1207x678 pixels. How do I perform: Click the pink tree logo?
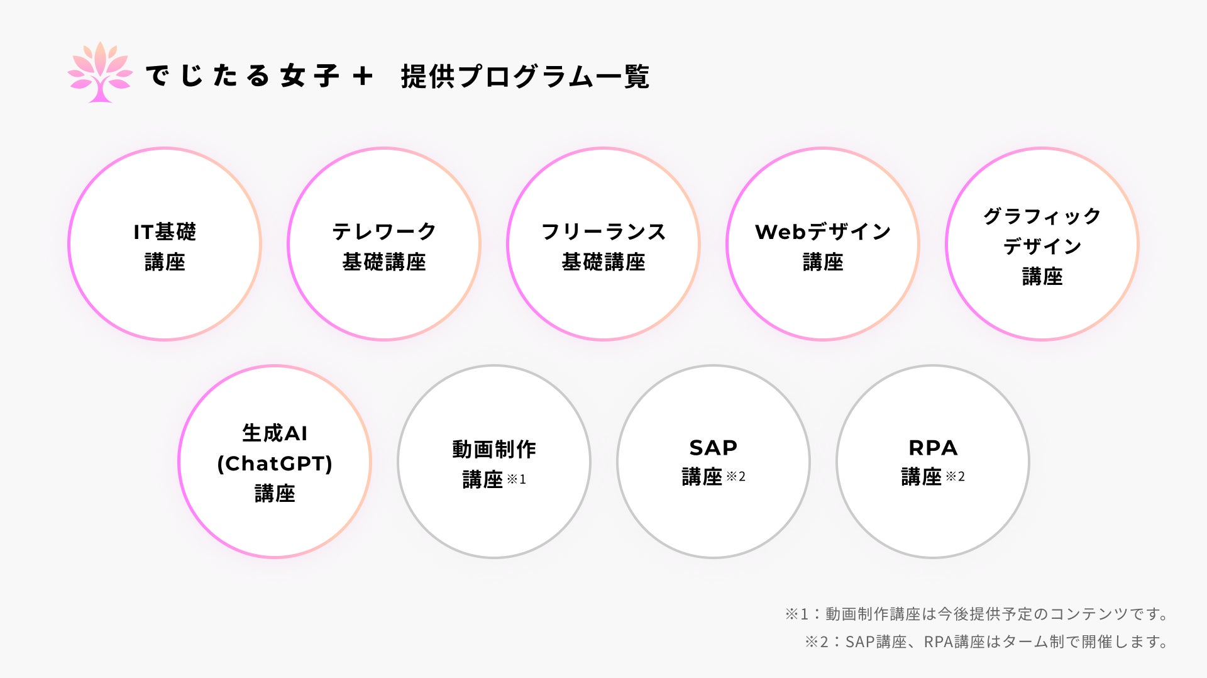coord(100,73)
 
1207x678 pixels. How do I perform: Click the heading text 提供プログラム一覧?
coord(525,77)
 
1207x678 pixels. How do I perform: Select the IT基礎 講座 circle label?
coord(165,247)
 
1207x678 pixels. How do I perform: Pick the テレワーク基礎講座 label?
coord(384,247)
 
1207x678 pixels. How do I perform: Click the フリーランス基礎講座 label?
coord(603,247)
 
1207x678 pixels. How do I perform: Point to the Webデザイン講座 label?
coord(823,247)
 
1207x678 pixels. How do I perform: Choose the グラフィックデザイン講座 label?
coord(1042,247)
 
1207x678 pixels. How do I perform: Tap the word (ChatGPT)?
coord(275,464)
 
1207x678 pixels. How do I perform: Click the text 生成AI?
coord(275,433)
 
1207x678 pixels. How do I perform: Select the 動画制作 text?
coord(494,449)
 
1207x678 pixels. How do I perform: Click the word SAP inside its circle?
coord(713,448)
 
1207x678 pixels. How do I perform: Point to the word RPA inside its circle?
coord(933,448)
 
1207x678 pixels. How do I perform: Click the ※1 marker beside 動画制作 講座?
coord(516,479)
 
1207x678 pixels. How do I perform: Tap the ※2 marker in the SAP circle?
coord(736,477)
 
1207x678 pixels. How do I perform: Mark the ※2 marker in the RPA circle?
coord(955,477)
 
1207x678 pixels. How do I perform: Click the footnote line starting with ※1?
coord(976,614)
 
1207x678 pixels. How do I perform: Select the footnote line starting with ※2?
coord(986,642)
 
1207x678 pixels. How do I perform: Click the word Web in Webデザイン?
coord(780,232)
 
